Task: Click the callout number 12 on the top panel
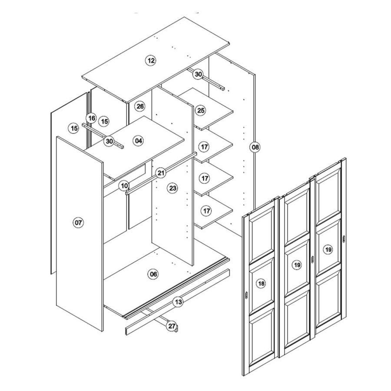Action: click(151, 60)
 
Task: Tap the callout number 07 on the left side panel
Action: click(78, 222)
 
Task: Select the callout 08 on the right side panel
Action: click(255, 147)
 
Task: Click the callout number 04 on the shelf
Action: click(139, 141)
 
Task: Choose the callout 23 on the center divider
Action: click(172, 188)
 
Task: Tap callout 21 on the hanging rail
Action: click(161, 173)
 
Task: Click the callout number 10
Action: click(124, 186)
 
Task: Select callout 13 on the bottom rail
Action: click(178, 302)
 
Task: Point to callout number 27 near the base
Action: click(172, 326)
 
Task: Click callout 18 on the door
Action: click(261, 284)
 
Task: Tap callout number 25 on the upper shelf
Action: click(201, 110)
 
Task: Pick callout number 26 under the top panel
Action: click(140, 106)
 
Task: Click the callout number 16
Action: click(92, 118)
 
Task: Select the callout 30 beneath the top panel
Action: click(198, 74)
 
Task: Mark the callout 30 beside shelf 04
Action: click(109, 141)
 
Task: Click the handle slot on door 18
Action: click(246, 295)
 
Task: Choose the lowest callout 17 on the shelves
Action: click(206, 211)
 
